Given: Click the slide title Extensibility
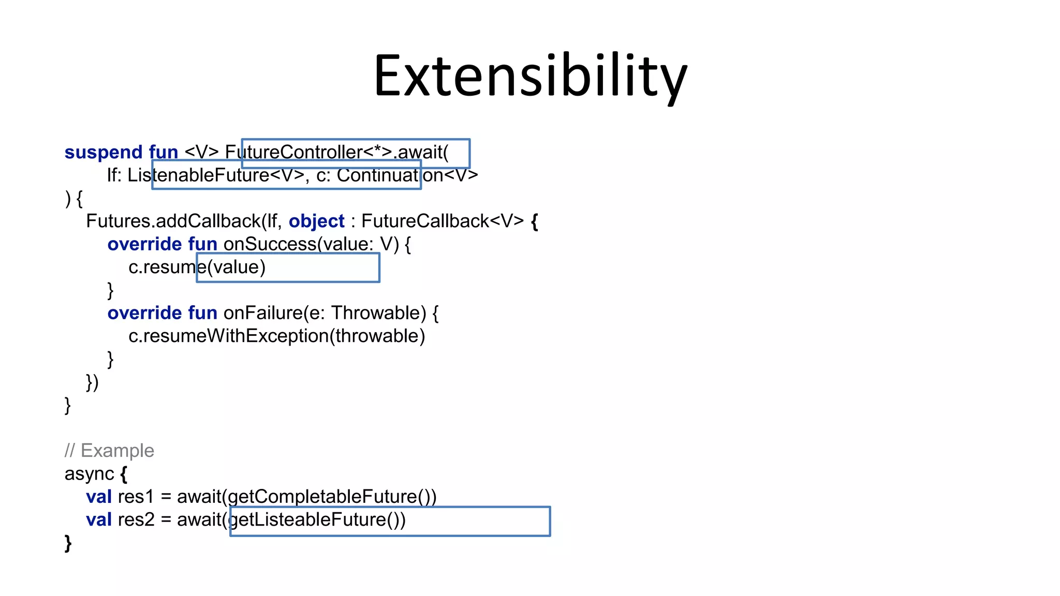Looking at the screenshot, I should pos(530,77).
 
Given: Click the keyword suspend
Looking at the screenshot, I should pos(103,152).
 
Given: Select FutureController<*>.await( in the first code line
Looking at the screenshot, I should pos(336,152).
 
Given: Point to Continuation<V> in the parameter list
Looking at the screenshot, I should pos(407,175).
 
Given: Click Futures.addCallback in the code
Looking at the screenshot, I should pos(173,221).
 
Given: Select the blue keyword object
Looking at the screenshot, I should pos(316,221).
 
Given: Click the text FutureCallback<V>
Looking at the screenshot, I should pos(443,221).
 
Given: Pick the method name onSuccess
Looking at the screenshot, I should pos(270,244).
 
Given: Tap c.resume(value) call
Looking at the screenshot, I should pos(197,267).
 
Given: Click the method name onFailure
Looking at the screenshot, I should pos(263,313).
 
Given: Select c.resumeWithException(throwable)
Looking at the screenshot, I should pos(276,336).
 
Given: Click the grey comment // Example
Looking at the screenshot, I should pos(109,451).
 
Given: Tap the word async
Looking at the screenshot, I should pos(89,474).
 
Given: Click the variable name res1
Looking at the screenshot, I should pos(136,497).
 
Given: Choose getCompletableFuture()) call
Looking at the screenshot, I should pos(332,497).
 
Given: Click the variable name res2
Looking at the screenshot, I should pos(136,519).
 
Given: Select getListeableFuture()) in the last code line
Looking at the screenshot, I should pos(317,519).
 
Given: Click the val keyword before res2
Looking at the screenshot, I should pos(99,519).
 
